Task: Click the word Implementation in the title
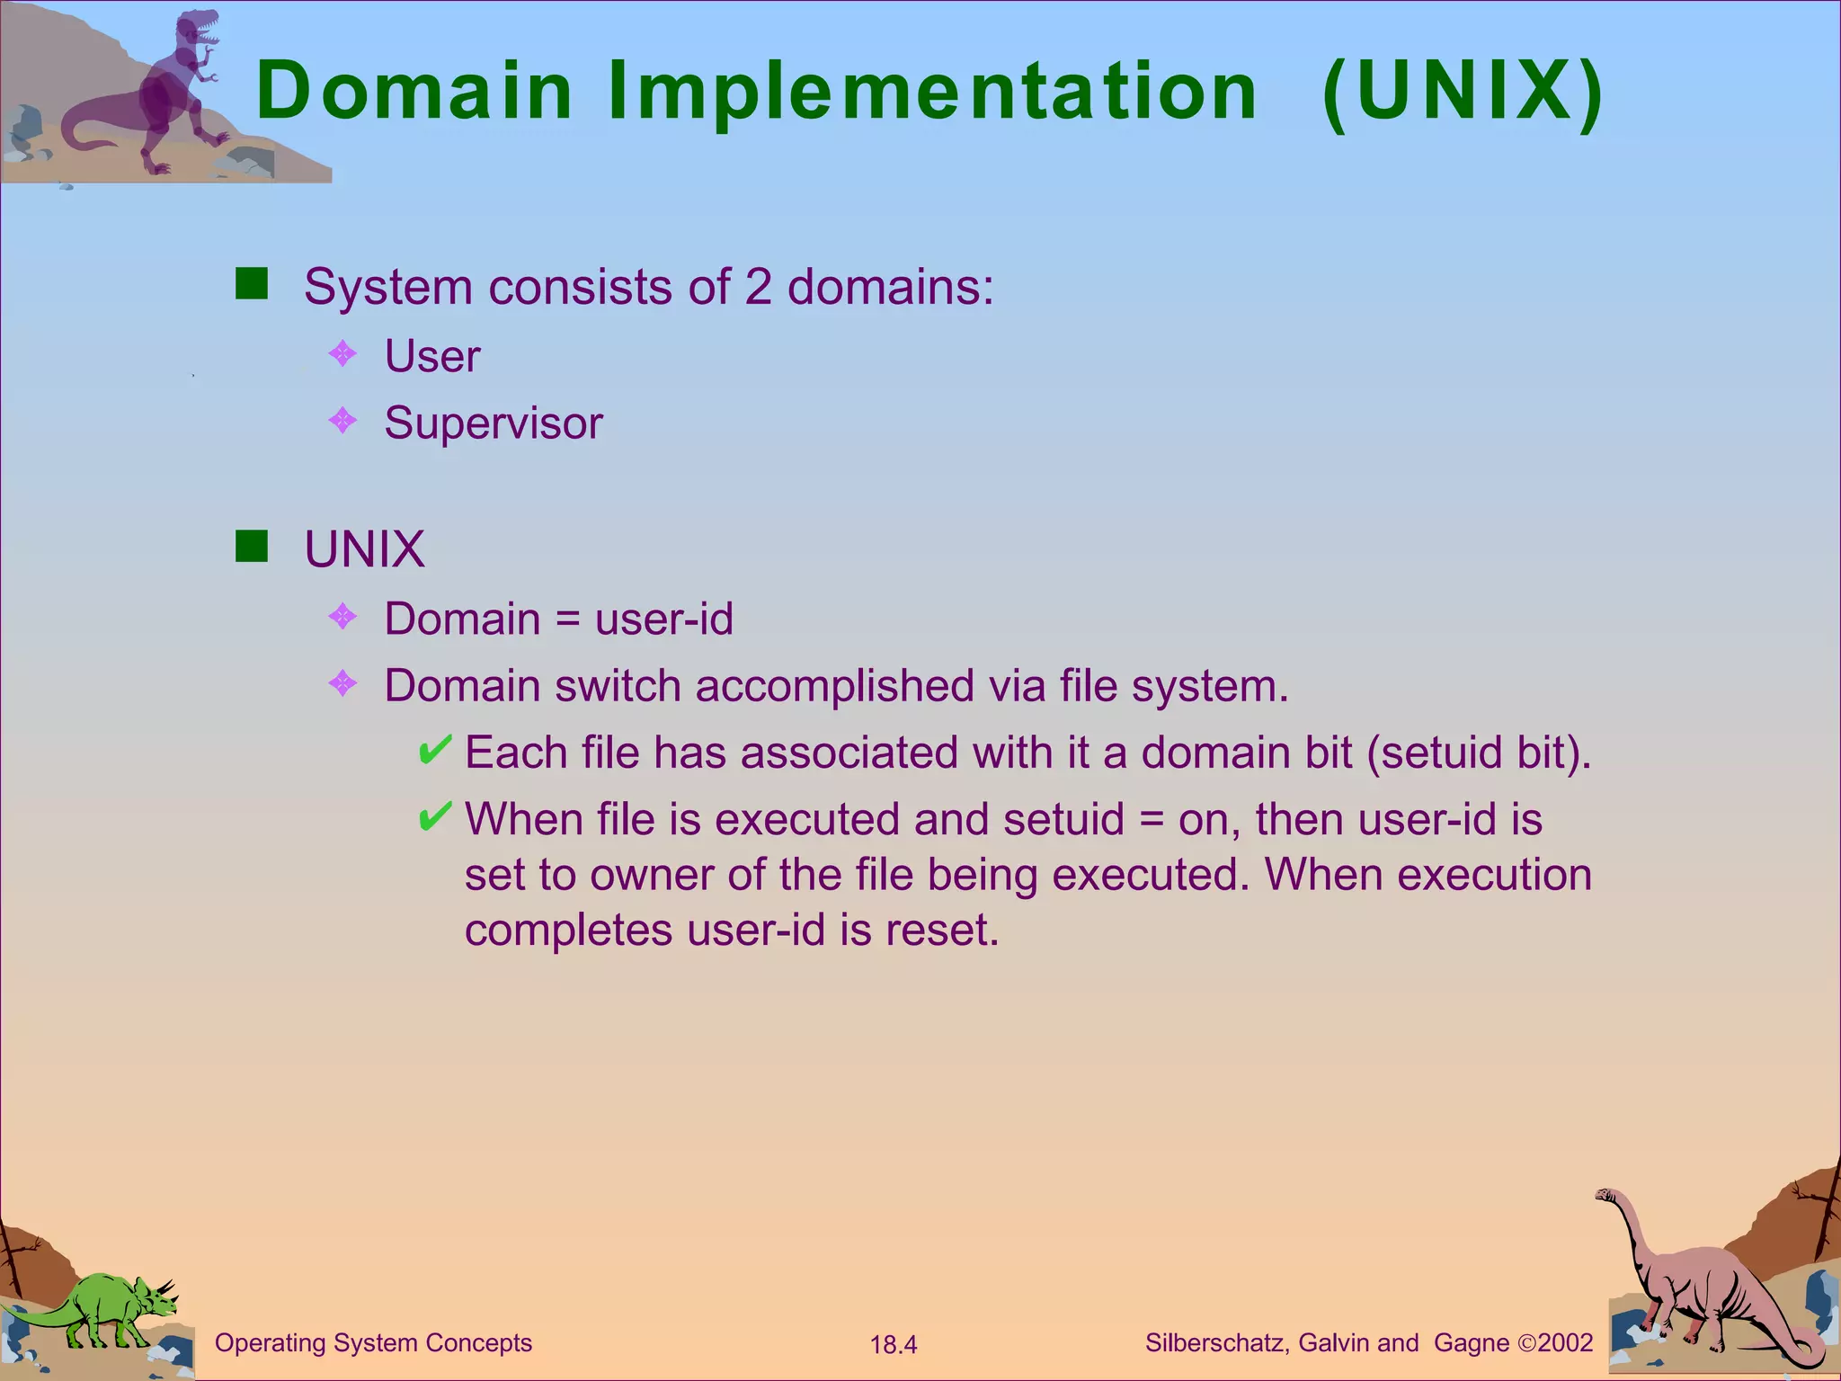[x=932, y=91]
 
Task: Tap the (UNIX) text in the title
[x=1463, y=91]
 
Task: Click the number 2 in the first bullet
[x=758, y=287]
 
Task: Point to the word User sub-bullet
[x=432, y=356]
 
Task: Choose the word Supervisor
[x=494, y=423]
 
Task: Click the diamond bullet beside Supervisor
[x=343, y=420]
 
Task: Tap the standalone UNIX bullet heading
[x=364, y=548]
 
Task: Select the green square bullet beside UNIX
[x=252, y=546]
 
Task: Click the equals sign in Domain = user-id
[x=567, y=620]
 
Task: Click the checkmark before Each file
[x=435, y=750]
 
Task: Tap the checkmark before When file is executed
[x=435, y=816]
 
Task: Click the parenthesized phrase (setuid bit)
[x=1478, y=753]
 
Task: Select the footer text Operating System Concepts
[x=373, y=1343]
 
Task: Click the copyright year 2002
[x=1565, y=1343]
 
